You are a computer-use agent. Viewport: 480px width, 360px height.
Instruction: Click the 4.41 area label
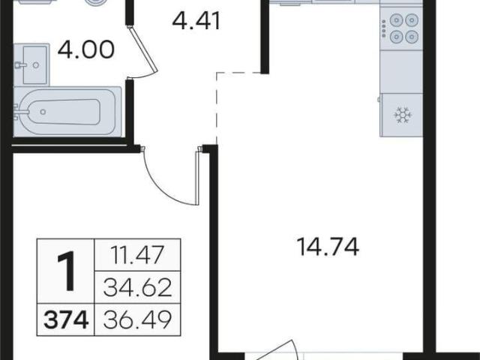point(196,21)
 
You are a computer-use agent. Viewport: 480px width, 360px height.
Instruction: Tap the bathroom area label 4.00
point(86,49)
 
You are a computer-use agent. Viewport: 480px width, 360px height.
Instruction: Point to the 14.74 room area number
point(328,247)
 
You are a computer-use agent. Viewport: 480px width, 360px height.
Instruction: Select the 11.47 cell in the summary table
point(137,255)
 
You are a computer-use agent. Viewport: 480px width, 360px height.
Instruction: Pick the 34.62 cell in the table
point(137,288)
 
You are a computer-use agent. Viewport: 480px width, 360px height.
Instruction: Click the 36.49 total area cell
point(137,320)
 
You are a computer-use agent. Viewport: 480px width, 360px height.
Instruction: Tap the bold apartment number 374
point(66,320)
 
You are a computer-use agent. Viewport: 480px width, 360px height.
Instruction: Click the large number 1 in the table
point(67,271)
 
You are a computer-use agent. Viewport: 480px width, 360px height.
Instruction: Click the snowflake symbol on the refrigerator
point(403,115)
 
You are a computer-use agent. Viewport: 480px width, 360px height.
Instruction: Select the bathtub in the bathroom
point(67,112)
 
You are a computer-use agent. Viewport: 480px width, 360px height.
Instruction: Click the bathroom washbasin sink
point(31,64)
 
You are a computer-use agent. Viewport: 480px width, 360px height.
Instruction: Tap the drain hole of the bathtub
point(43,112)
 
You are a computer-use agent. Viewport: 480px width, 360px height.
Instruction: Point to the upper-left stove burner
point(396,21)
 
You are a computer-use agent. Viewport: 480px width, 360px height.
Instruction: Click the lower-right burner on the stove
point(412,37)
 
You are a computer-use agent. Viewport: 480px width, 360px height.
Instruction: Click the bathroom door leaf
point(143,50)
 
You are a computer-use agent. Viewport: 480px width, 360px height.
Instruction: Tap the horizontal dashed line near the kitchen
point(239,73)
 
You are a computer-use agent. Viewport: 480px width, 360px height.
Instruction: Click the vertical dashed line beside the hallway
point(217,109)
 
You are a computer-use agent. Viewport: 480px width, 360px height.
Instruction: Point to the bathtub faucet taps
point(16,112)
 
